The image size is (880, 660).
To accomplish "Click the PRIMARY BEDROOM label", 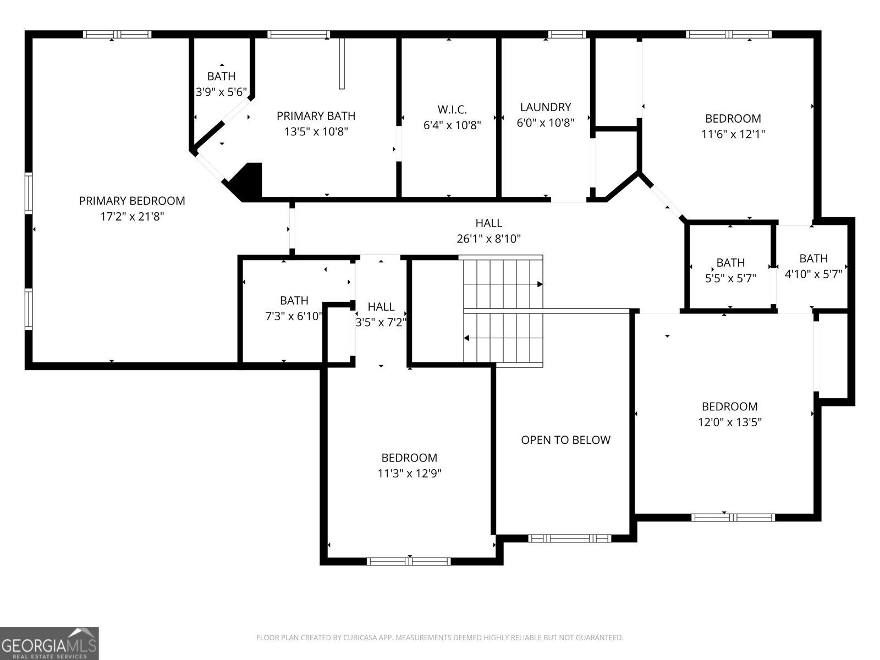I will point(132,201).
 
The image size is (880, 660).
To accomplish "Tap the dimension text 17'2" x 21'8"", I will point(132,217).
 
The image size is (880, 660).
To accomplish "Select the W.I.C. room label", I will point(452,109).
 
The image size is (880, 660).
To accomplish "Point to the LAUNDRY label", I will point(546,107).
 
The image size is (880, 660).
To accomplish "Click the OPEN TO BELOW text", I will point(565,440).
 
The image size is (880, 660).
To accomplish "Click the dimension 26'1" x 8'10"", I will point(488,239).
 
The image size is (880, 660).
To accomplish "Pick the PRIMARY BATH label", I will point(316,116).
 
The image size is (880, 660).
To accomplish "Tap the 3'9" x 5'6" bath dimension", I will point(221,92).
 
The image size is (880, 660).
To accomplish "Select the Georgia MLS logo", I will point(50,643).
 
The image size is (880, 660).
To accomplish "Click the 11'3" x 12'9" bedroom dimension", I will point(409,473).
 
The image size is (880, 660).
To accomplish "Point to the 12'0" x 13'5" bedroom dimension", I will point(729,422).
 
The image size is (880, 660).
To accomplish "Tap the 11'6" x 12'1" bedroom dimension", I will point(733,134).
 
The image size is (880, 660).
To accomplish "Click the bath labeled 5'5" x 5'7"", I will point(730,271).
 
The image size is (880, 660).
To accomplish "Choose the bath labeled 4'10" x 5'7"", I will point(813,266).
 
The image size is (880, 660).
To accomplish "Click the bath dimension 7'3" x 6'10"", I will point(294,316).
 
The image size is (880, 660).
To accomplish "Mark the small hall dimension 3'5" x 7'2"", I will point(381,322).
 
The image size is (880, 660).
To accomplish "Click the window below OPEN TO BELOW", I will point(569,538).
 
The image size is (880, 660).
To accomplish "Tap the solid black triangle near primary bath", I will point(247,182).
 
